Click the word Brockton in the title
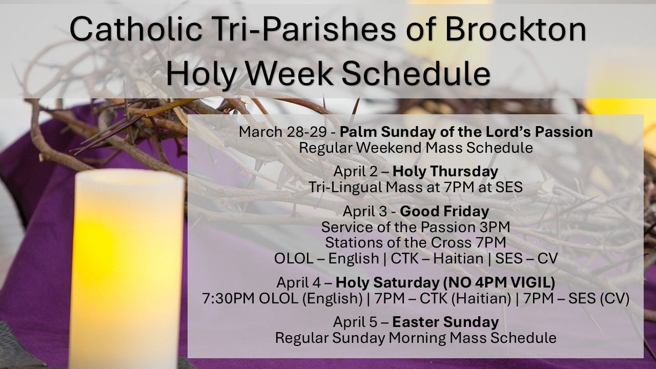click(516, 29)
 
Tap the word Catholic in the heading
click(136, 29)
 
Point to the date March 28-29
click(282, 132)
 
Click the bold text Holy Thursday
click(445, 172)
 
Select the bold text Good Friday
click(444, 212)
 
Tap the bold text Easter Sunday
click(445, 322)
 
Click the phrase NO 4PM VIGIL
click(499, 282)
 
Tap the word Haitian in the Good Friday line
click(458, 259)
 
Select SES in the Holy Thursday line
click(509, 188)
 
